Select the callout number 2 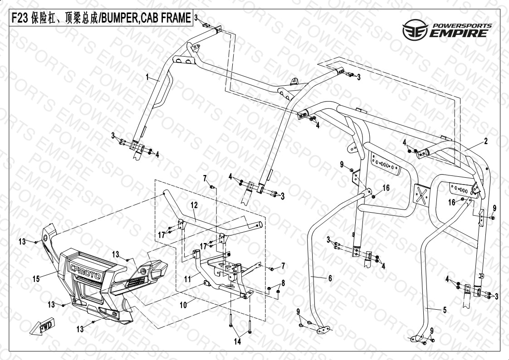click(486, 141)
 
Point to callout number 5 click(445, 310)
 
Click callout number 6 click(330, 278)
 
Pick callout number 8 click(283, 283)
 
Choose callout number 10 click(183, 306)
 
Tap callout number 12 click(194, 205)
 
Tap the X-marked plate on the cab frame click(423, 194)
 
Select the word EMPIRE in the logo click(460, 34)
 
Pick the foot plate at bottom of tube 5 click(416, 338)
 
